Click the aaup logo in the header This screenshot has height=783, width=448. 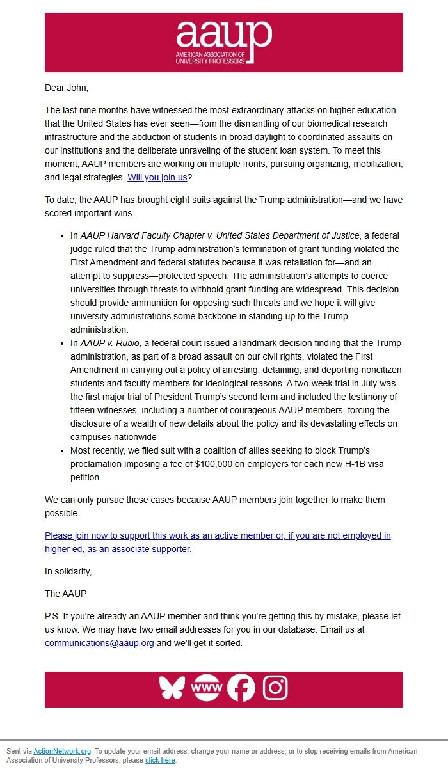click(x=223, y=36)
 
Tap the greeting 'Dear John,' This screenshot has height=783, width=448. click(x=67, y=88)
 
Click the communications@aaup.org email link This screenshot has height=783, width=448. click(x=99, y=643)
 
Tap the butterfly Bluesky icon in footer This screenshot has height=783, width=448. click(x=172, y=688)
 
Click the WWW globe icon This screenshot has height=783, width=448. click(x=206, y=688)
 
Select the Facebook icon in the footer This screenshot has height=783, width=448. click(x=241, y=688)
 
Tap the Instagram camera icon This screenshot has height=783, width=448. click(x=276, y=688)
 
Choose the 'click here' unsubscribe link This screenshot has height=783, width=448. click(x=160, y=760)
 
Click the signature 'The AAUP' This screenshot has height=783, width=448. click(x=65, y=594)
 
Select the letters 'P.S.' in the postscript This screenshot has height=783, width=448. click(x=52, y=617)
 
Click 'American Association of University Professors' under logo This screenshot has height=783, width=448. click(x=210, y=58)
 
